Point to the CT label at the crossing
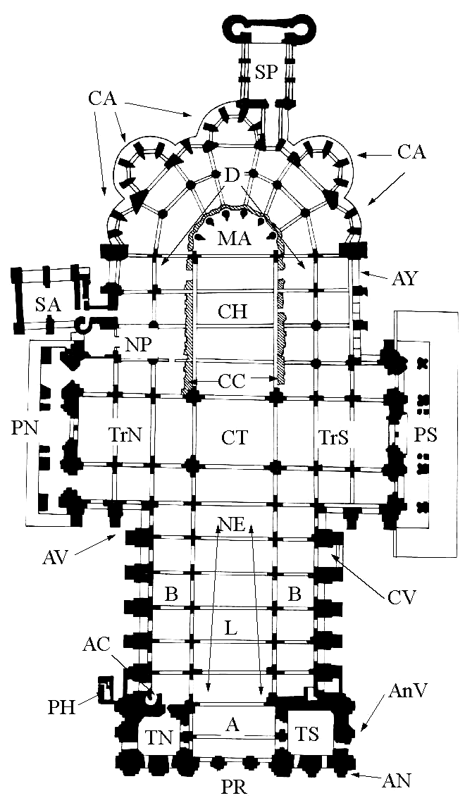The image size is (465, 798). (235, 437)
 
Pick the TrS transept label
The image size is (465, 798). (333, 437)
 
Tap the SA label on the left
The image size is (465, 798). (48, 305)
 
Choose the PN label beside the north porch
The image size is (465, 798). (24, 428)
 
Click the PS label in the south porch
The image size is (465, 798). (426, 436)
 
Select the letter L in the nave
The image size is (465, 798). (230, 628)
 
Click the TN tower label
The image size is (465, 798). (159, 737)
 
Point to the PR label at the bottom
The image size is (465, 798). (234, 786)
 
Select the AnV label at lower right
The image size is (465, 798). (404, 691)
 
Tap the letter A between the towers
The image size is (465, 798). (232, 725)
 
